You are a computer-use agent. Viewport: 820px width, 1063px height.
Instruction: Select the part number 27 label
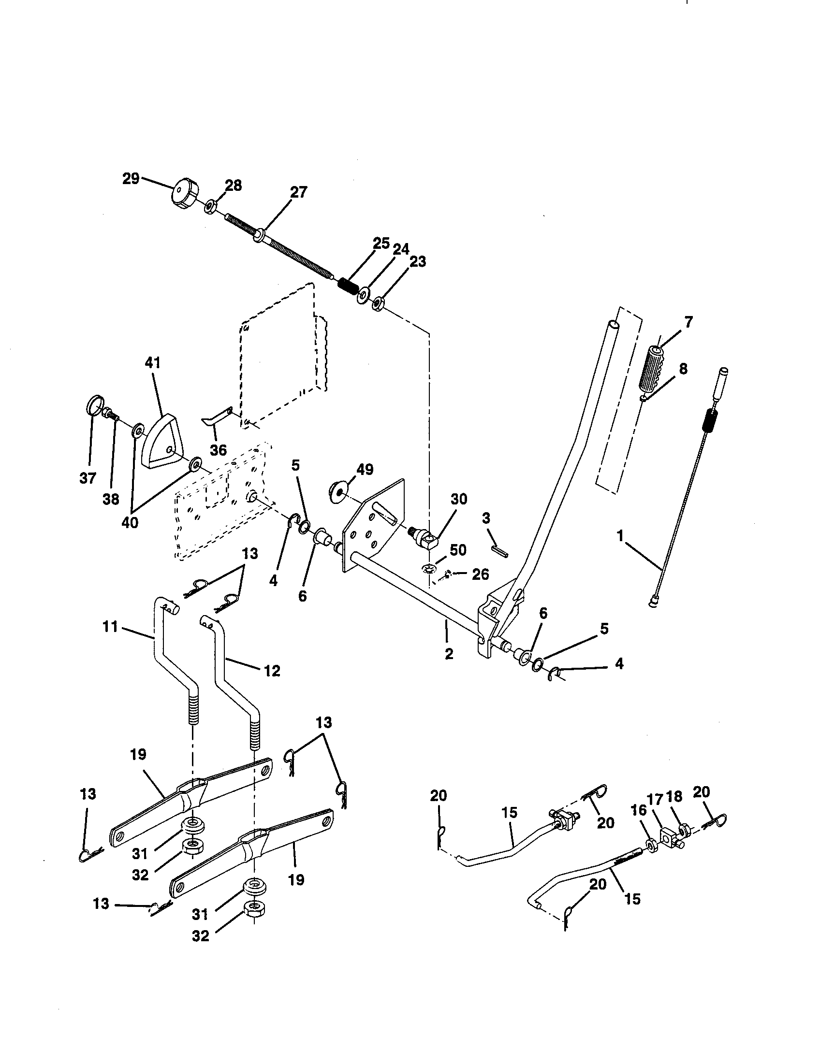[298, 192]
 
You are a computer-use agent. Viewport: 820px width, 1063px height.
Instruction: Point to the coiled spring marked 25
[349, 285]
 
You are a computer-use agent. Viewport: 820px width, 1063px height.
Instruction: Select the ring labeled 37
[95, 404]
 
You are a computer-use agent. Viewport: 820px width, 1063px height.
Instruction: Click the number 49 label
[365, 469]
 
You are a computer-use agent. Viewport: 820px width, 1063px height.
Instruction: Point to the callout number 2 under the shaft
[449, 654]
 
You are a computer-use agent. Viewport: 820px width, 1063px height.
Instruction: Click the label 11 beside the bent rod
[111, 626]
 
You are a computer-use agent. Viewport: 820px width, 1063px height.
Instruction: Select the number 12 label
[272, 671]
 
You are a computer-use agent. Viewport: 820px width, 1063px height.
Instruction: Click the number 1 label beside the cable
[620, 536]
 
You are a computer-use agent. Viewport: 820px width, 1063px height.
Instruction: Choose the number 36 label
[218, 450]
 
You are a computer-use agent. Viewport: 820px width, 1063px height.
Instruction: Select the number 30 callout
[458, 499]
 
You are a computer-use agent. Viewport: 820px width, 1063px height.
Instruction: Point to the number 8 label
[683, 369]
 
